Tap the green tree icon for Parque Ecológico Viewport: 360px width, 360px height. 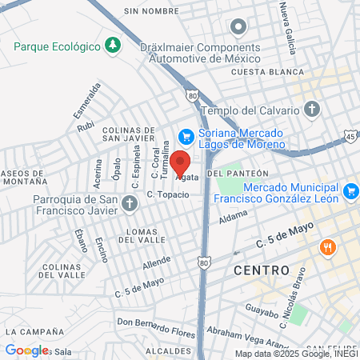click(x=113, y=44)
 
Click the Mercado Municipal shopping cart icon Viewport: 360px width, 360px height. click(x=350, y=190)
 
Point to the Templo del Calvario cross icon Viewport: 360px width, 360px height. click(x=312, y=109)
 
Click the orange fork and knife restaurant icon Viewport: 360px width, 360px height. click(x=326, y=247)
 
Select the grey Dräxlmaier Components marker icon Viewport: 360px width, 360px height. click(x=238, y=29)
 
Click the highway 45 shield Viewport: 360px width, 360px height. click(x=351, y=136)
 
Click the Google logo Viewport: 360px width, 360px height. click(x=26, y=350)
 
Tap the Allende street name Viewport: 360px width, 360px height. click(x=157, y=263)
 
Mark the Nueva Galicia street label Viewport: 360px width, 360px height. click(x=285, y=24)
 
